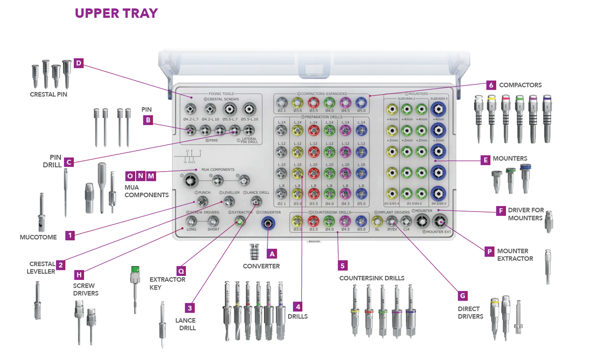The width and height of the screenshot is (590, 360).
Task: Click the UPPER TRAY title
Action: coord(116,13)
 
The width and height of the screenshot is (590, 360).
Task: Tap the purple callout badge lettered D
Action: coord(79,63)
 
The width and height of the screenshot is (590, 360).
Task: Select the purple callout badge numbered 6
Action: coord(491,85)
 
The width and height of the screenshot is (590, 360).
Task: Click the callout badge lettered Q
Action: coord(181,270)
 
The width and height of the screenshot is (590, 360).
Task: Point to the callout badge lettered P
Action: coord(489,251)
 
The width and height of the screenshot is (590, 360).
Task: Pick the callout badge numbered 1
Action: coord(70,236)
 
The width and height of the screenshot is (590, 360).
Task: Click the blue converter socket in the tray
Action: coord(267,224)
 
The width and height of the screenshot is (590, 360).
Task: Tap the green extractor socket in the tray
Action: coord(239,222)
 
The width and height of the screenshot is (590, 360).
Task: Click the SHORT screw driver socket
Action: coord(213,221)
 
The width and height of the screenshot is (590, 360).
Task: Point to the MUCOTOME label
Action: coord(38,237)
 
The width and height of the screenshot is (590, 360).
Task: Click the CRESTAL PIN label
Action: coord(48,94)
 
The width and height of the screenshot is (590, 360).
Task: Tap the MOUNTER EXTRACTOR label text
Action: coord(515,255)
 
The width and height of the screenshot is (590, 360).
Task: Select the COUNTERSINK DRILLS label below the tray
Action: coord(372,278)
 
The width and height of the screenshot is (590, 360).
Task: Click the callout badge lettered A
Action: coord(272,253)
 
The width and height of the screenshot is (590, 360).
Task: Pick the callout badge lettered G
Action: coord(462,296)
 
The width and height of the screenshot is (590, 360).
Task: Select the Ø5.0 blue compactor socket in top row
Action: coord(361,102)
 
